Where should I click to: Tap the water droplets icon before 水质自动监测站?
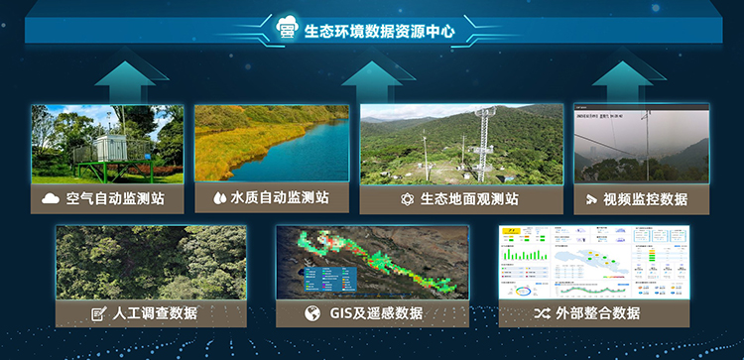pos(219,198)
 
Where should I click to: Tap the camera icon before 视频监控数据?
pos(592,199)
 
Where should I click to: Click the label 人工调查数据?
pos(156,313)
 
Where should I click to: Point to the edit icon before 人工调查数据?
pos(98,314)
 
